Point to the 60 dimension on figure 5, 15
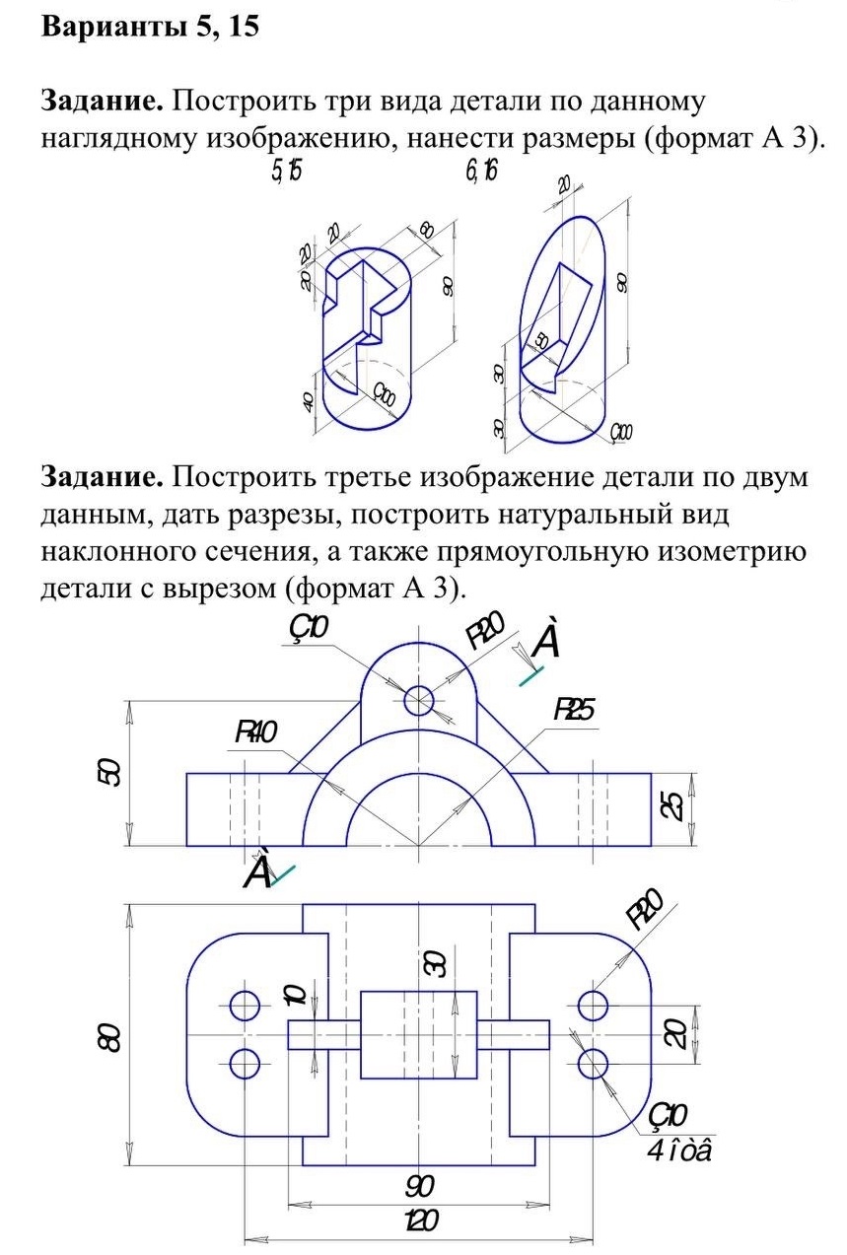point(426,232)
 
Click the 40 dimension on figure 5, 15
point(308,401)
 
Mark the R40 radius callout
point(255,732)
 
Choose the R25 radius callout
point(574,710)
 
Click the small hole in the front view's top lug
point(419,701)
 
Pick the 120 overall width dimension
point(419,1221)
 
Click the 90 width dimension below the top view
point(420,1183)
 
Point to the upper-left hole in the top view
point(244,1006)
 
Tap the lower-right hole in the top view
point(593,1064)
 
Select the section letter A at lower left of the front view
point(257,871)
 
